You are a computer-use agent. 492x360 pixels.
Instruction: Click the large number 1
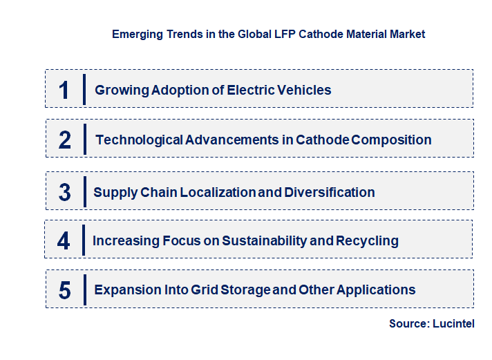(x=64, y=90)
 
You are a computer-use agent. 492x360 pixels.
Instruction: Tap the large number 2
(x=65, y=140)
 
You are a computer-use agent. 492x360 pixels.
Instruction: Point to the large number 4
(x=64, y=241)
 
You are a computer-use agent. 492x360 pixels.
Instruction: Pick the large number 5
(x=64, y=290)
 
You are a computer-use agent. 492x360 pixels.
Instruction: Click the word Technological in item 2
(x=139, y=140)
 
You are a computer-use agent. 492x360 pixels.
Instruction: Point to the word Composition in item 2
(x=392, y=140)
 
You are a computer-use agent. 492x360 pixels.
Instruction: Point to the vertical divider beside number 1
(x=84, y=89)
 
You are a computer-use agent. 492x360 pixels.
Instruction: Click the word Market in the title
(x=408, y=34)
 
